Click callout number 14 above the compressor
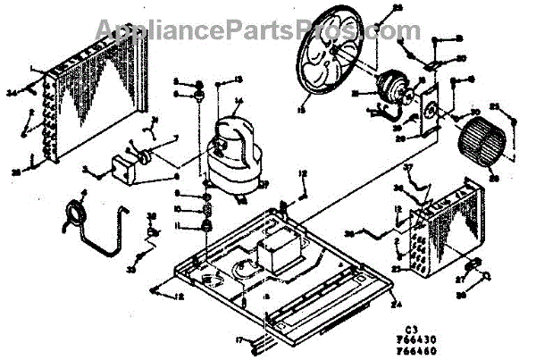click(x=239, y=100)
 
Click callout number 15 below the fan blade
click(x=301, y=111)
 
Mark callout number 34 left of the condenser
click(x=12, y=92)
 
